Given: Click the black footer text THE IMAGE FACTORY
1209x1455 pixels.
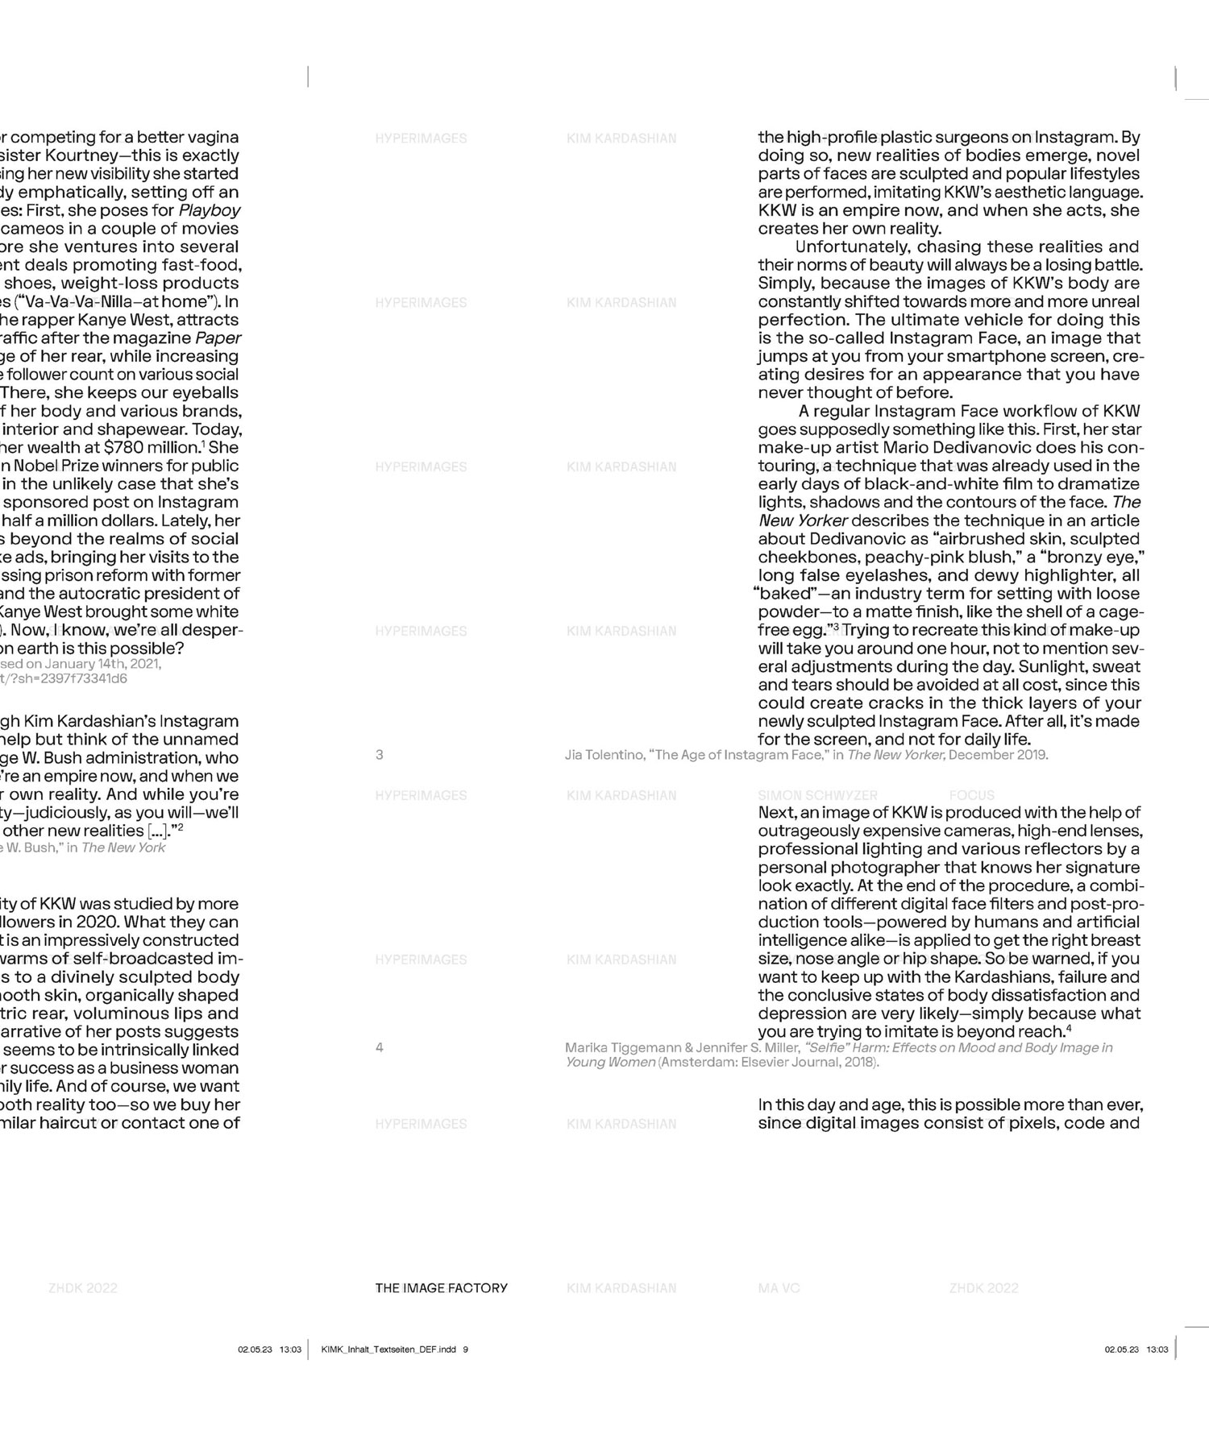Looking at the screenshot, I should pos(441,1287).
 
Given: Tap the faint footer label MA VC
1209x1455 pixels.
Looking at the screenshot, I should pos(779,1287).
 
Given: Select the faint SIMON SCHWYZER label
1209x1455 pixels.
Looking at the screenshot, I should pos(817,795).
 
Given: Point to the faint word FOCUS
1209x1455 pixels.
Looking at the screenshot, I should pos(971,795).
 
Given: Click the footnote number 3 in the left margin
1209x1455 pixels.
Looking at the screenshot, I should pos(379,755).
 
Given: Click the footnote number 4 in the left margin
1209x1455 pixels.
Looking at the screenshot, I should pos(379,1047).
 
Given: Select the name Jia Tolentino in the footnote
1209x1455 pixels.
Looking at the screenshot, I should pos(604,755).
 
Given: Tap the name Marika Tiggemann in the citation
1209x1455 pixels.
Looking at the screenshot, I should pos(623,1047).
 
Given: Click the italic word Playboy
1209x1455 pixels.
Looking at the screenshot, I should pos(210,210).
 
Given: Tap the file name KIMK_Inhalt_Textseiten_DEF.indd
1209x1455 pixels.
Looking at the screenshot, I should pos(388,1349).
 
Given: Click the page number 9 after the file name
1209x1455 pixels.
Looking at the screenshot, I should pos(465,1349).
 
